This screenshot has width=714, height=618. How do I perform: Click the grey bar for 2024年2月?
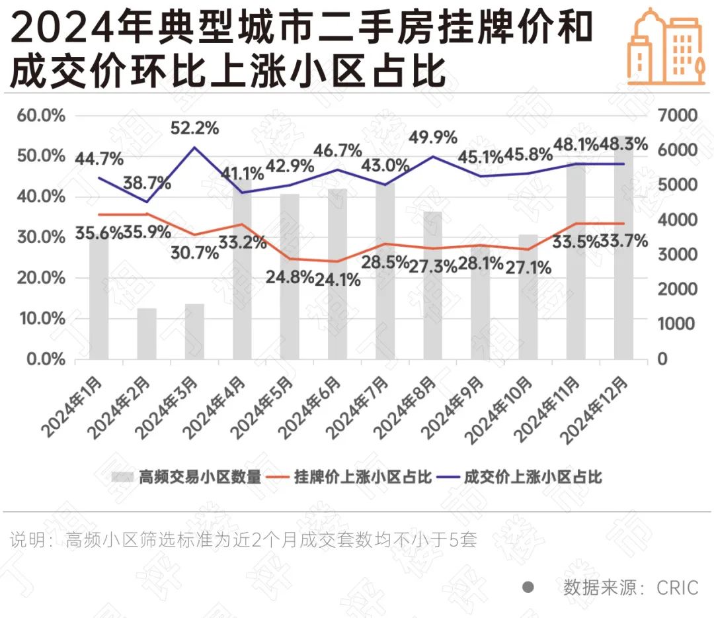click(147, 333)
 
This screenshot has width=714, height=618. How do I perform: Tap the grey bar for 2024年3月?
click(194, 331)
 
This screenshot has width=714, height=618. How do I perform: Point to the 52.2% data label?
click(194, 128)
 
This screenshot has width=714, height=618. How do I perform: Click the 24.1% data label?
click(337, 280)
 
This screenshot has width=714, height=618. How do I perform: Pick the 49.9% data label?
click(433, 138)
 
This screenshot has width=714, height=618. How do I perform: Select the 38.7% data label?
click(147, 183)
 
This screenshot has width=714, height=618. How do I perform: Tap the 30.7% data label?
click(194, 253)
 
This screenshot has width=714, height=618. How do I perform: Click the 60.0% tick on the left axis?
click(41, 116)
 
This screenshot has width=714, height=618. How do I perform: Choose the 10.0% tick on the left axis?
click(41, 319)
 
